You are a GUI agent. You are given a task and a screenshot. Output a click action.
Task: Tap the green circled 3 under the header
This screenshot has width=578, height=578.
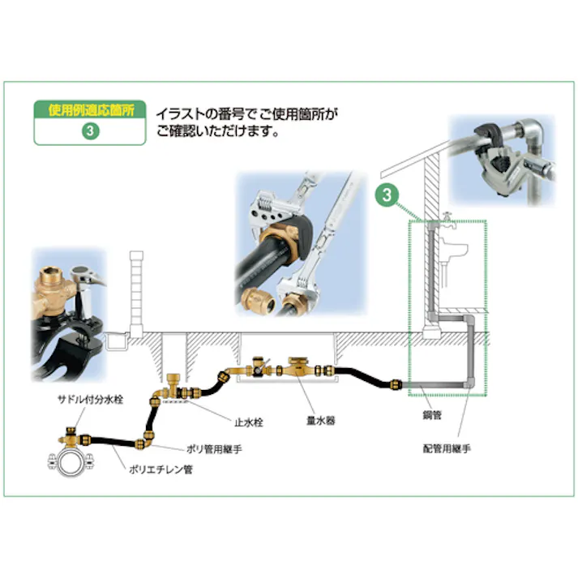point(90,132)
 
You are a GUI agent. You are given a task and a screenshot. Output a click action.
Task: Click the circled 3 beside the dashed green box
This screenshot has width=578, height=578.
point(387,195)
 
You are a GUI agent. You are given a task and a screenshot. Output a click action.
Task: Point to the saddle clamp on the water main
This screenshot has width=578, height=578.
point(67,465)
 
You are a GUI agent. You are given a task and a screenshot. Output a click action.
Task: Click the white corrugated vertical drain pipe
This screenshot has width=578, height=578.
point(135,289)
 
